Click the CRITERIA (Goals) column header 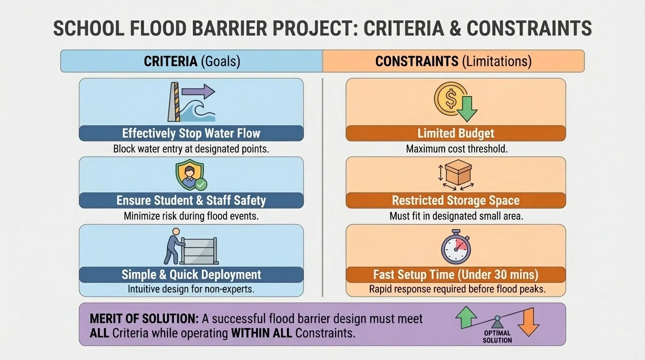pyautogui.click(x=192, y=61)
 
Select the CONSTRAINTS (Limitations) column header pyautogui.click(x=453, y=61)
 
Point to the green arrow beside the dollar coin pyautogui.click(x=467, y=110)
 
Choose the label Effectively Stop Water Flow pyautogui.click(x=191, y=134)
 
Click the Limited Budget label pyautogui.click(x=456, y=134)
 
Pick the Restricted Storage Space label pyautogui.click(x=456, y=201)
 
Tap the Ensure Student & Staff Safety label pyautogui.click(x=191, y=201)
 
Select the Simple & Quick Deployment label pyautogui.click(x=191, y=275)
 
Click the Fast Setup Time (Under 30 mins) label pyautogui.click(x=456, y=275)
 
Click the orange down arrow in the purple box pyautogui.click(x=529, y=322)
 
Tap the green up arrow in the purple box pyautogui.click(x=466, y=317)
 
